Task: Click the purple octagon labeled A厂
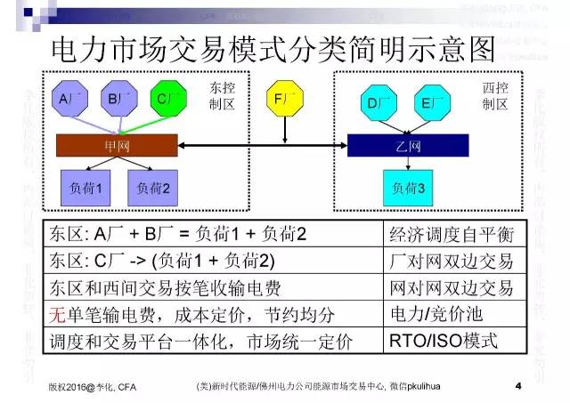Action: point(69,99)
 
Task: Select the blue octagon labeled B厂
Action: point(118,99)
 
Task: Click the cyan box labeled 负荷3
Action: point(409,189)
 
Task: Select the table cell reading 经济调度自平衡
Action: point(452,234)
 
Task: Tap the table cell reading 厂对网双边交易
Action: point(452,261)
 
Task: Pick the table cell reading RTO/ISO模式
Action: point(452,341)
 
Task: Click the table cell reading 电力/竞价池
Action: point(452,314)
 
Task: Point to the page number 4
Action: point(517,386)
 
